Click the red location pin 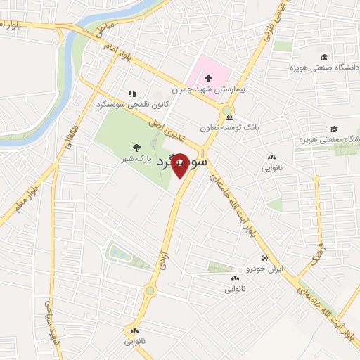coord(179,165)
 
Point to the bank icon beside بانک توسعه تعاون coord(230,117)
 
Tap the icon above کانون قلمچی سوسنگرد coord(131,93)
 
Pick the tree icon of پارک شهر coord(135,148)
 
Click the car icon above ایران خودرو coord(263,257)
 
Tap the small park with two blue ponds coord(120,252)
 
